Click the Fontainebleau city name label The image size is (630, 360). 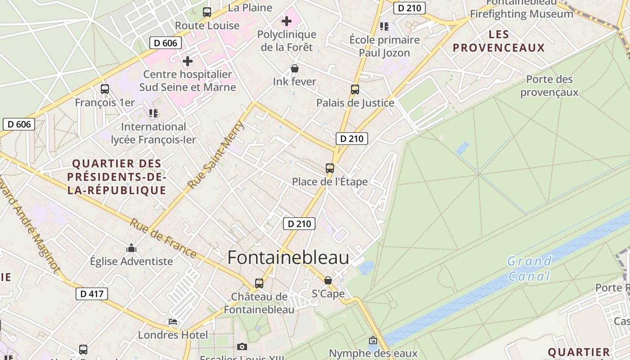288,258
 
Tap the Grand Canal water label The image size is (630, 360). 529,268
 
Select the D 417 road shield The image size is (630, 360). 92,294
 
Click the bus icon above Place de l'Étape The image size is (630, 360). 330,168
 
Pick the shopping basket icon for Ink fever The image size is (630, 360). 294,68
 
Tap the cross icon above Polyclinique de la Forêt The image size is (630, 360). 286,21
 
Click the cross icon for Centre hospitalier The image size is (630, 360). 188,61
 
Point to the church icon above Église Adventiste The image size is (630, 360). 131,248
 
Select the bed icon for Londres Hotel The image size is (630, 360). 173,322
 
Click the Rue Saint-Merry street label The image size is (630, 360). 216,155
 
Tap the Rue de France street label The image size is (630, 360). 163,238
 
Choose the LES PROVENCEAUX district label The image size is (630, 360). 499,41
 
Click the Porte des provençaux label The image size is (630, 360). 549,85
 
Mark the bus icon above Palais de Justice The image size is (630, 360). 355,90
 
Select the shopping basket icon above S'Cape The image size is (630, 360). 328,280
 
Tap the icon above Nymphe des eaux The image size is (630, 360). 373,340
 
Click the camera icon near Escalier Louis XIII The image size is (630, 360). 242,346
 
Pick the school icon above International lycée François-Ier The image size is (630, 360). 153,113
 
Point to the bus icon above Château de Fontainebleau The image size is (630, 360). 259,283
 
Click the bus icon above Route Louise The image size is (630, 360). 207,12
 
